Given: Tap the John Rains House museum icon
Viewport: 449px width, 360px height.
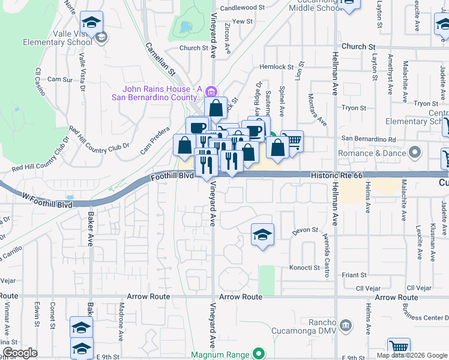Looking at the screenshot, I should [x=211, y=92].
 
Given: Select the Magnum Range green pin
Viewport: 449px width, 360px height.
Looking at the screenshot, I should [x=259, y=354].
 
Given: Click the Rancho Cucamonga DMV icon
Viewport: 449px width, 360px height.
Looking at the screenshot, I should [x=345, y=325].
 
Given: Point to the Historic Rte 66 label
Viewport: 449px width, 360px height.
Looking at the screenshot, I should [x=338, y=175].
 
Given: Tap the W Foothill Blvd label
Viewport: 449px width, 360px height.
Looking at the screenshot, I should [x=49, y=205].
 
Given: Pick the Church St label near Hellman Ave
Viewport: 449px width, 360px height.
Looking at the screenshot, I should [x=358, y=46].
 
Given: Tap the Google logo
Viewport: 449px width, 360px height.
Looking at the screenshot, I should [x=20, y=352].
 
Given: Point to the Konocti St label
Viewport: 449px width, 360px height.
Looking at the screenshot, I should [x=304, y=268].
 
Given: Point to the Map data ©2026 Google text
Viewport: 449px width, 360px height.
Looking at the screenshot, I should [x=412, y=355].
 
